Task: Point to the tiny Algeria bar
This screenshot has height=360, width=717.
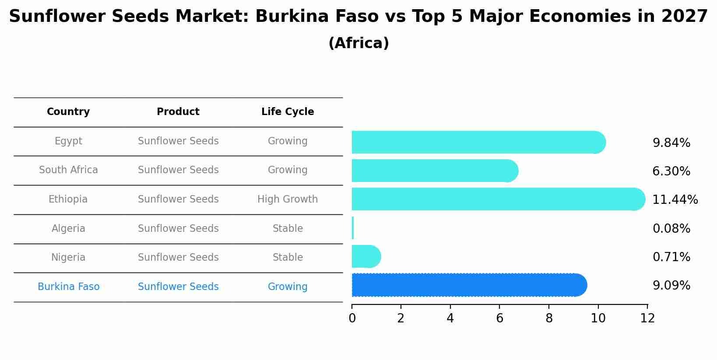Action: click(x=353, y=228)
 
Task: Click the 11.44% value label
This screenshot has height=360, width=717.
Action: click(x=675, y=200)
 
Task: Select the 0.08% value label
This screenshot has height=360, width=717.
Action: click(x=671, y=229)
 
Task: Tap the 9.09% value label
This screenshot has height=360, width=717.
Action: click(x=671, y=286)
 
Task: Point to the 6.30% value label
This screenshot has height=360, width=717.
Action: click(x=671, y=171)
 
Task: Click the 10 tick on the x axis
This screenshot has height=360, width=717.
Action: click(x=598, y=318)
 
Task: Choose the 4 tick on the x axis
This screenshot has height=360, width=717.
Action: click(x=450, y=318)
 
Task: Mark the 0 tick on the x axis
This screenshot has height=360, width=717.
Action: click(x=352, y=318)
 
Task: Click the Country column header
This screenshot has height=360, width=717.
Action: click(x=68, y=112)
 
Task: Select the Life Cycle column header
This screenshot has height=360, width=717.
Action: click(x=288, y=112)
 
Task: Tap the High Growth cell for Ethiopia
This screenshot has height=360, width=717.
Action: click(x=288, y=199)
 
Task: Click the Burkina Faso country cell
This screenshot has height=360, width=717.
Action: click(x=68, y=287)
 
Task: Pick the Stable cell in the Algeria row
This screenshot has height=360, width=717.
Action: click(x=288, y=229)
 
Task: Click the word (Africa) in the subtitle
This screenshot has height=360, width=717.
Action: click(x=358, y=43)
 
